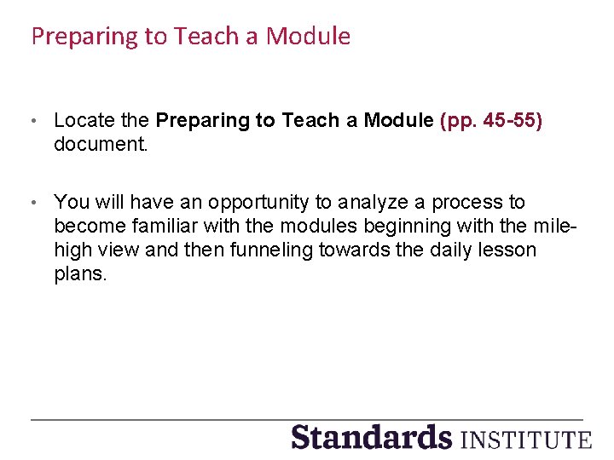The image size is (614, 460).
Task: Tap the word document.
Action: tap(101, 145)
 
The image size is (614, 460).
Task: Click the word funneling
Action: tap(312, 250)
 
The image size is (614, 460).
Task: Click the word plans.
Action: tap(80, 274)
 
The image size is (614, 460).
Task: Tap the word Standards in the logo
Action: tap(371, 437)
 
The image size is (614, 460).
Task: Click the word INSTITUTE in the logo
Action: tap(524, 440)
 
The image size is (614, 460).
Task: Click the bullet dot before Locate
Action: tap(33, 122)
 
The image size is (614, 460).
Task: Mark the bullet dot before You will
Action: tap(33, 204)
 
